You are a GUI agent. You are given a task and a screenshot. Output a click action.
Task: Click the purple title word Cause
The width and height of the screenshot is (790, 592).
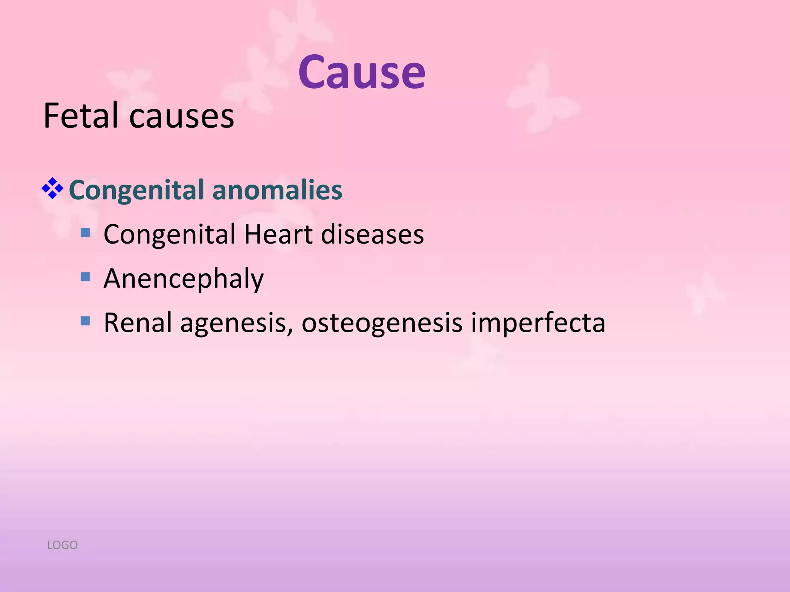pyautogui.click(x=361, y=72)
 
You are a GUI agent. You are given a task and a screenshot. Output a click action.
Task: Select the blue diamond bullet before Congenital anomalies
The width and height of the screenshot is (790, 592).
pyautogui.click(x=52, y=188)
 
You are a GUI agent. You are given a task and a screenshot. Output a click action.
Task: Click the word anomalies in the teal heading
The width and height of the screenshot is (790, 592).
pyautogui.click(x=277, y=190)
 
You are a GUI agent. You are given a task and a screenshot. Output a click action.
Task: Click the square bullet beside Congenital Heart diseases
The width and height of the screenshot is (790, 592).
pyautogui.click(x=85, y=232)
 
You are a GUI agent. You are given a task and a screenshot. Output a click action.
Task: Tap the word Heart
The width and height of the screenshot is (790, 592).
pyautogui.click(x=278, y=234)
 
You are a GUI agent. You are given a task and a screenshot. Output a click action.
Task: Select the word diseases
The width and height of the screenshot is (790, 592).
pyautogui.click(x=372, y=234)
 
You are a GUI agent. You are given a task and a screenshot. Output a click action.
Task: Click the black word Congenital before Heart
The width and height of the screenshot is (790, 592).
pyautogui.click(x=169, y=235)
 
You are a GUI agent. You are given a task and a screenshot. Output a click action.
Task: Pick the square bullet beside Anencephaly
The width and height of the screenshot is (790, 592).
pyautogui.click(x=85, y=277)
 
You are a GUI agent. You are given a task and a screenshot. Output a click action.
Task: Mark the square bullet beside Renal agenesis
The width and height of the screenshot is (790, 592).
pyautogui.click(x=85, y=321)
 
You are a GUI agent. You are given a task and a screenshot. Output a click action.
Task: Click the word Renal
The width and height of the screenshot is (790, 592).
pyautogui.click(x=137, y=323)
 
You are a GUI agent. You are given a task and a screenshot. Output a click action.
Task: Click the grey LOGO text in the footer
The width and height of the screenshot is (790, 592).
pyautogui.click(x=62, y=545)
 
